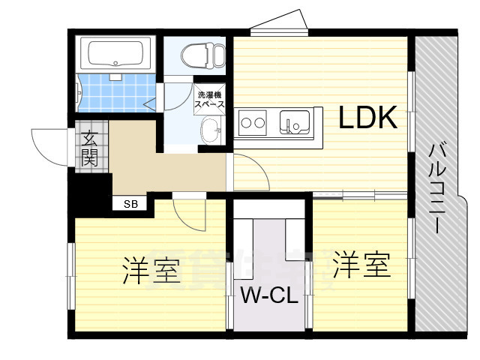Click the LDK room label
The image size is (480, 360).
(x=367, y=117)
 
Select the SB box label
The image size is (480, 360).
(x=130, y=203)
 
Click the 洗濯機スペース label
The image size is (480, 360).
(x=210, y=100)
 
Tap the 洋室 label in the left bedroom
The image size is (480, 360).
(x=150, y=270)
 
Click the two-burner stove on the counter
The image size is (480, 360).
(x=253, y=121)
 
